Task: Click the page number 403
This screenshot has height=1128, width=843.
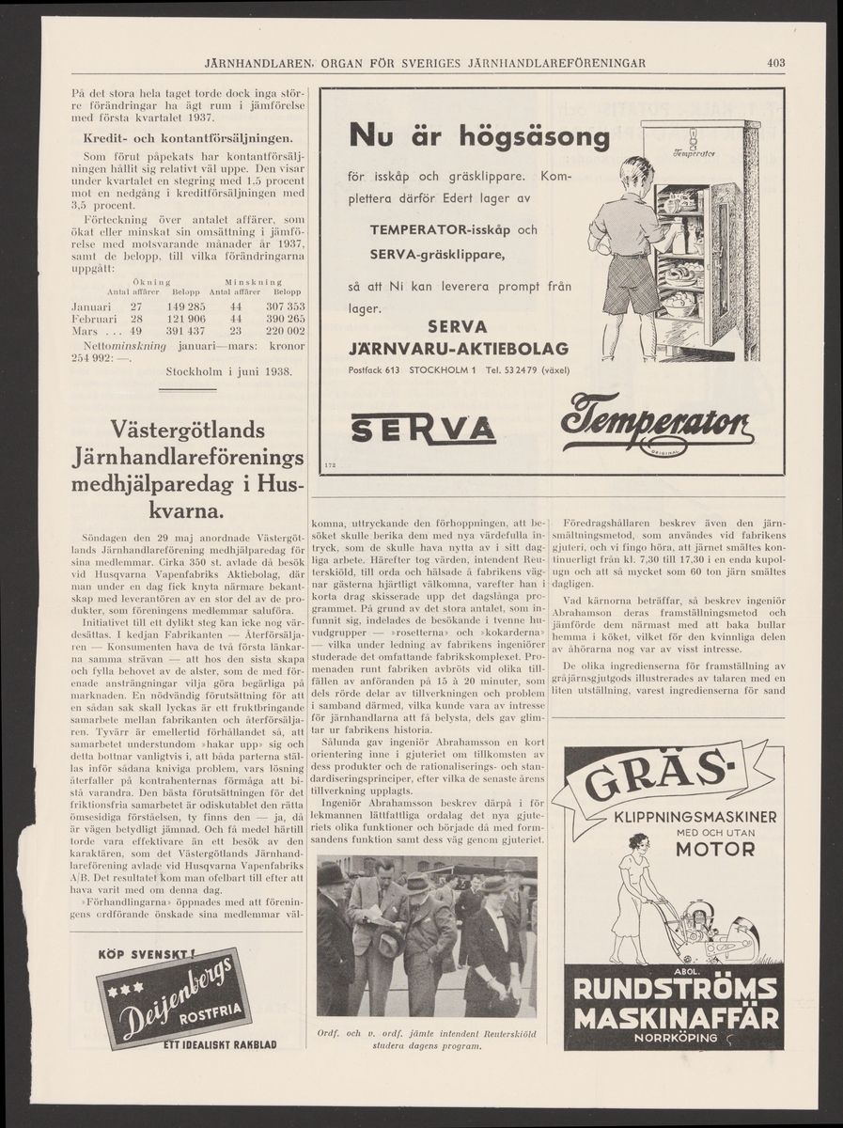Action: point(774,64)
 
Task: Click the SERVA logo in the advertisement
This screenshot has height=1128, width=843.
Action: point(423,430)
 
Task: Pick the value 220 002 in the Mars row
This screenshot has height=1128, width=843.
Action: point(283,331)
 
